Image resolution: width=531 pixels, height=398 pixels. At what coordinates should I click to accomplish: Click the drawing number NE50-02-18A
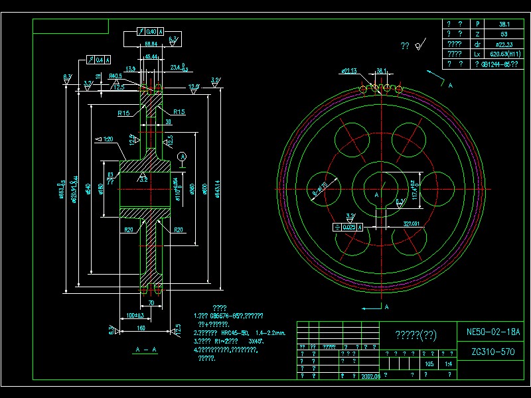[494, 332]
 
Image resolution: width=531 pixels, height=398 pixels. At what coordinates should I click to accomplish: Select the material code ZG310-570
[494, 352]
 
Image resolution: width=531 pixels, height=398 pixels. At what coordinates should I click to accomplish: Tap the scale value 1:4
[449, 364]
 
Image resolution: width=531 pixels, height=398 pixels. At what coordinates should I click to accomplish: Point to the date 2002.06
[370, 375]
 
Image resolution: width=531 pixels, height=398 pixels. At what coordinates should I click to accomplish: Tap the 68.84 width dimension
[151, 44]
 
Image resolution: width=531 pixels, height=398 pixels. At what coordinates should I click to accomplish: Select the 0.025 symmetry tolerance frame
[348, 227]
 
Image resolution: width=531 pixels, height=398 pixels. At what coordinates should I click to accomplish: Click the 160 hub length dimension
[141, 327]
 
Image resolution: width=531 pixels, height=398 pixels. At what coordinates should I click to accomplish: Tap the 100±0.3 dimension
[135, 314]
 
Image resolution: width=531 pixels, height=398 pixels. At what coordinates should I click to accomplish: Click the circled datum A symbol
[183, 156]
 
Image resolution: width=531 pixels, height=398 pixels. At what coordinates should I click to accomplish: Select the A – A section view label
[145, 349]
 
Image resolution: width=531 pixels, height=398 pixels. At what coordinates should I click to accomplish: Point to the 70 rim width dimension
[151, 303]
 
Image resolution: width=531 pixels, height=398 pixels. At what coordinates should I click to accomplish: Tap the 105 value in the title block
[429, 364]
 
